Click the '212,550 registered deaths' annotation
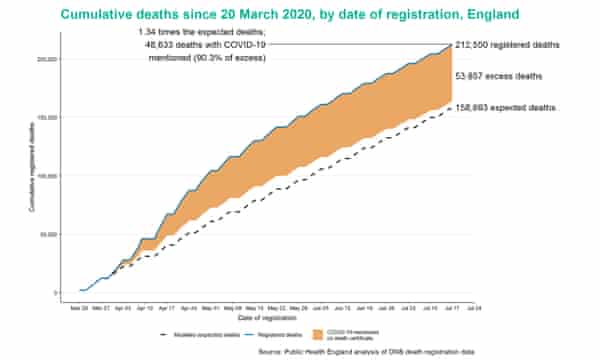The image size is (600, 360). click(507, 46)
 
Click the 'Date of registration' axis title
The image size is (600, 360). click(279, 319)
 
